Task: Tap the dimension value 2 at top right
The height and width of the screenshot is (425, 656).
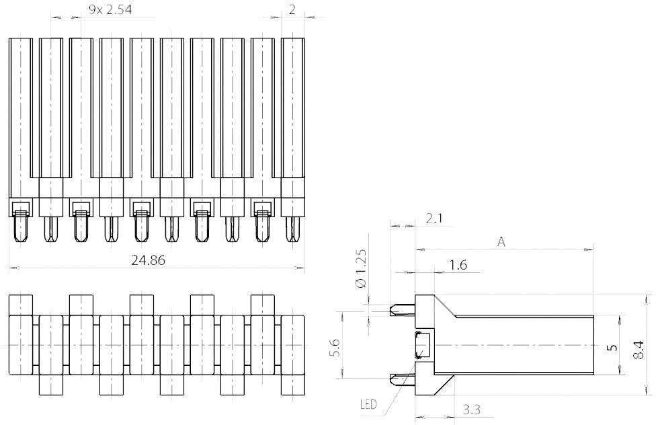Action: (x=292, y=9)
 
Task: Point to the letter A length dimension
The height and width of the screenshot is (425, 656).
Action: (x=501, y=242)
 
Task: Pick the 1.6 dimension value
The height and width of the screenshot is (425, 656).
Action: (x=458, y=266)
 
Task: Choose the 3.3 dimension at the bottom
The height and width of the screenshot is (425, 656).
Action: (x=472, y=409)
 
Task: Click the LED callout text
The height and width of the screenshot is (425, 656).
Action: (x=368, y=405)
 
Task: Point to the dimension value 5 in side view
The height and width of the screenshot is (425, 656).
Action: (x=611, y=347)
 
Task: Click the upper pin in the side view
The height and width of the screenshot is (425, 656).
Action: (x=402, y=310)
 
